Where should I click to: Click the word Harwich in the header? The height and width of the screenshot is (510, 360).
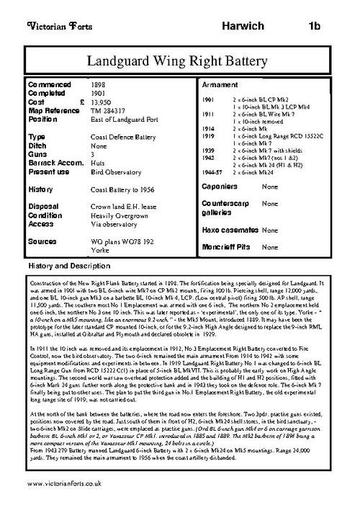click(239, 27)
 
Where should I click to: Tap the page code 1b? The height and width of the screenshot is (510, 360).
click(314, 27)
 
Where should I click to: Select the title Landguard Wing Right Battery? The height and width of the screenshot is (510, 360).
click(179, 61)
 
